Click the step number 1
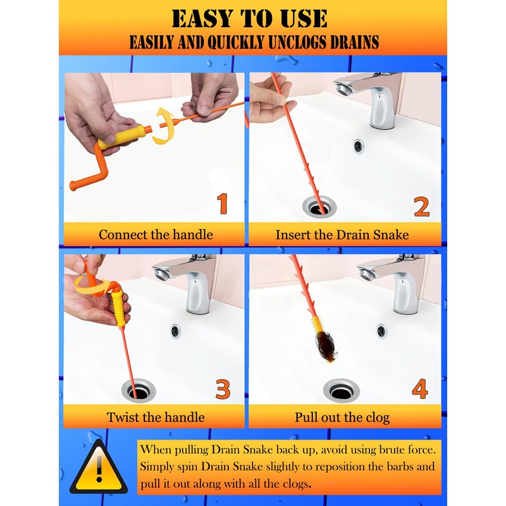pyautogui.click(x=223, y=204)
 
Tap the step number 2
pyautogui.click(x=422, y=207)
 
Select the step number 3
pyautogui.click(x=223, y=389)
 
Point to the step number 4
pyautogui.click(x=420, y=388)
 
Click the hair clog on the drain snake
pyautogui.click(x=326, y=347)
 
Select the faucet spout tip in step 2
pyautogui.click(x=342, y=89)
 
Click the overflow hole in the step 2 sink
pyautogui.click(x=358, y=147)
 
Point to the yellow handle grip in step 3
pyautogui.click(x=117, y=307)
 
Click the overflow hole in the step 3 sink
pyautogui.click(x=175, y=331)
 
